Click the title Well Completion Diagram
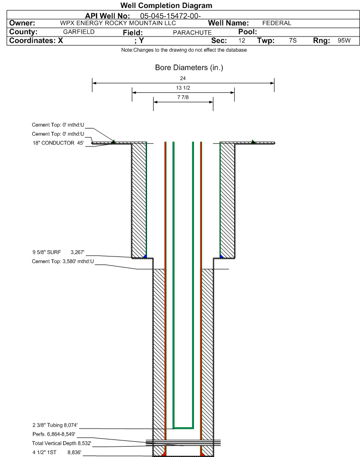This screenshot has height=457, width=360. [x=166, y=6]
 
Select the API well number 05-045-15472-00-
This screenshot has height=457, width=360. [x=170, y=16]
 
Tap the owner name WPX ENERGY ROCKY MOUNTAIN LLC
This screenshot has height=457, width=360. [x=118, y=23]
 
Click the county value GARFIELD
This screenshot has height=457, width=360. [x=79, y=32]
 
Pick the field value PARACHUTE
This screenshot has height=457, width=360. [x=192, y=32]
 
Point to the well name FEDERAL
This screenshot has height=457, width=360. [x=277, y=23]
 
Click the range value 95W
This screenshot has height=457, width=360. [x=344, y=40]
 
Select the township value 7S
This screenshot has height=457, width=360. [x=293, y=40]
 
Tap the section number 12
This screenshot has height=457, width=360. [x=241, y=40]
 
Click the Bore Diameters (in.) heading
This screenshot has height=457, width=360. [x=189, y=68]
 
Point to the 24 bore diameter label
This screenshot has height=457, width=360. [x=183, y=78]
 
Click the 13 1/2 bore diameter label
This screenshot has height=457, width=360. [x=183, y=88]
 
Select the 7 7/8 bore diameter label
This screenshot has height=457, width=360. [x=183, y=97]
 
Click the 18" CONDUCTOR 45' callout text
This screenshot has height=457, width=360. [x=58, y=143]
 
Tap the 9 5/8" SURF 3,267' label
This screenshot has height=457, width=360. [x=58, y=252]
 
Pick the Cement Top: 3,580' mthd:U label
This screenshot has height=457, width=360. [x=63, y=261]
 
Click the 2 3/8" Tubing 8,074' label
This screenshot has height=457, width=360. [x=55, y=425]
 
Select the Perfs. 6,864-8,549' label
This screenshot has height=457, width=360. [x=54, y=434]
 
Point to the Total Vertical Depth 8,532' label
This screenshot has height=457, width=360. [x=62, y=443]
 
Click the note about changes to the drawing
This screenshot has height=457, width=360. [x=184, y=50]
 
